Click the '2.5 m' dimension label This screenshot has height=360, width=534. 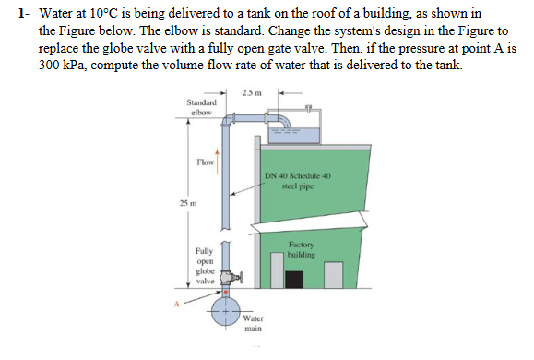pos(251,93)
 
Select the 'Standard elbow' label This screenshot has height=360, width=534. pos(201,107)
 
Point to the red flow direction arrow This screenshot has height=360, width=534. pos(218,158)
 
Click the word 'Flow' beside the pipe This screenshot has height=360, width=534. pos(205,162)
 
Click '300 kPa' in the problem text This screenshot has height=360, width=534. pos(63,66)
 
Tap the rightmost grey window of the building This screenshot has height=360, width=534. pos(334,274)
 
